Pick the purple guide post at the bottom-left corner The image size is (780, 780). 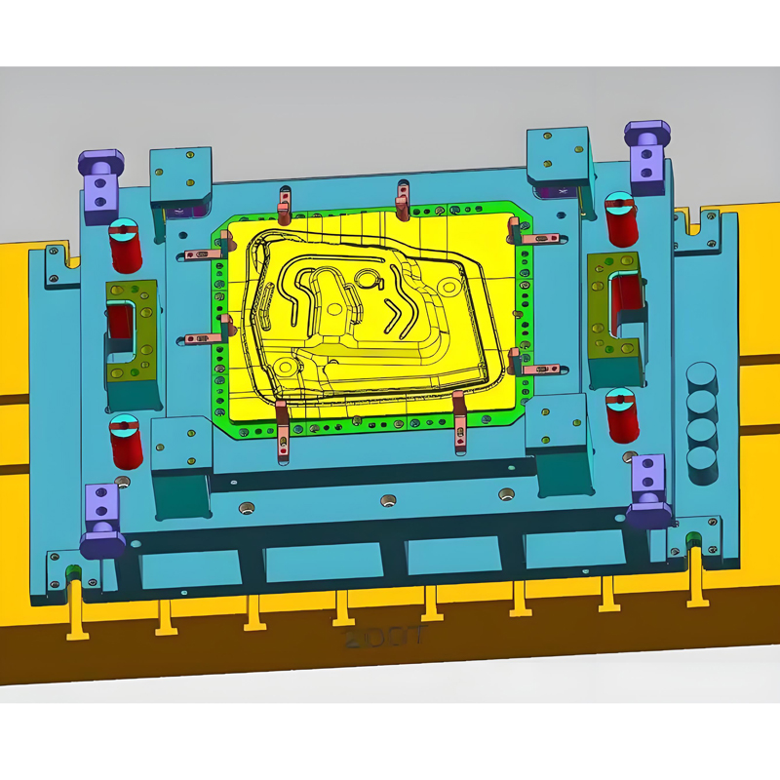click(102, 517)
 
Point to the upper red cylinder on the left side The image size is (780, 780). click(125, 246)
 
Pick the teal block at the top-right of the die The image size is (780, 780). click(559, 156)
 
